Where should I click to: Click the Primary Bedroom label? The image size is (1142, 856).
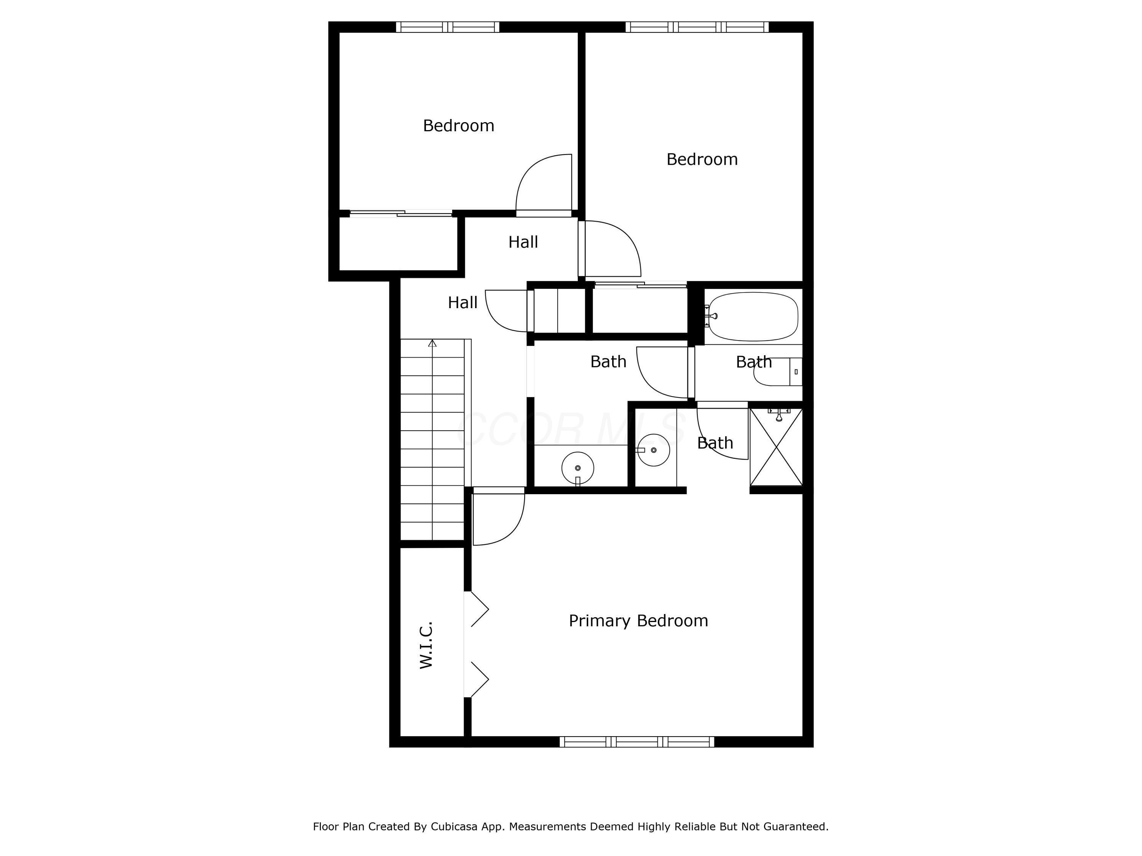[x=638, y=621]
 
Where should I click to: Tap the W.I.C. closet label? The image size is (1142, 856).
[x=426, y=645]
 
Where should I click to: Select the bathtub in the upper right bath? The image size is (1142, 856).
[x=753, y=316]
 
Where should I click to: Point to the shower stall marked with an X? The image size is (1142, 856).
[x=776, y=447]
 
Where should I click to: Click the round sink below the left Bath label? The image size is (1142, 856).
[x=578, y=468]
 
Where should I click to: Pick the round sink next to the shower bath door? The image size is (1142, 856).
[x=654, y=450]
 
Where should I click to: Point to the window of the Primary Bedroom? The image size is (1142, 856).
[x=637, y=742]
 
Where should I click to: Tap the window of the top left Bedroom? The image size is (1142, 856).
[x=448, y=27]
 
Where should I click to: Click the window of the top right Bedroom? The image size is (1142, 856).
[x=697, y=27]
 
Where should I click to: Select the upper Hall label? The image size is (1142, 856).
[x=523, y=242]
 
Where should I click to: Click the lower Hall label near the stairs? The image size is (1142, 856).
[x=463, y=302]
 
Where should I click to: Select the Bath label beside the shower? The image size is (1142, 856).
[x=715, y=443]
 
